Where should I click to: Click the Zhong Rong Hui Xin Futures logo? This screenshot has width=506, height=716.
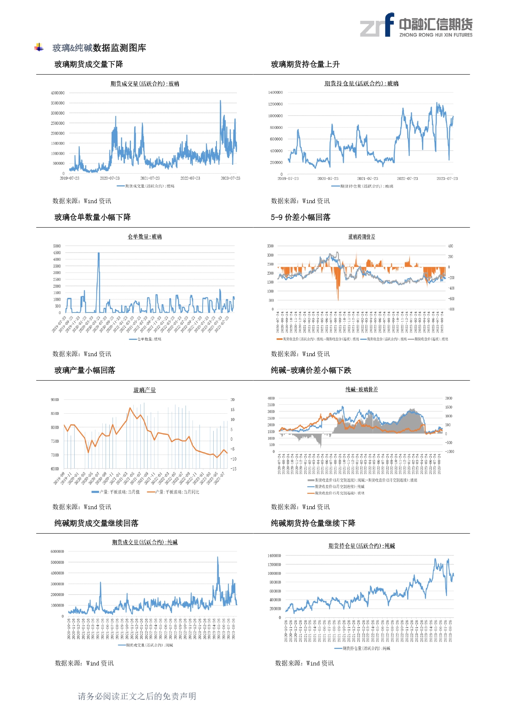(x=416, y=25)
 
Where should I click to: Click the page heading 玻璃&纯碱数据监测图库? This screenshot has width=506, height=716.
(x=99, y=48)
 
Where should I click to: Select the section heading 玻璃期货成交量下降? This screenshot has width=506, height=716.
(x=88, y=64)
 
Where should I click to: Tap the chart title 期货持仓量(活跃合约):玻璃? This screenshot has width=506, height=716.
(x=361, y=84)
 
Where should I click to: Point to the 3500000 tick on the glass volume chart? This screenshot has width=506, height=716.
(x=57, y=103)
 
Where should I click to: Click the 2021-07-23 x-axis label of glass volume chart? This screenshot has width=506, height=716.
(x=150, y=178)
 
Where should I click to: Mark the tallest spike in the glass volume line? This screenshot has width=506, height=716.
(x=221, y=101)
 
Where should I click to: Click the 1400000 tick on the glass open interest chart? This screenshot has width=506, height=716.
(x=275, y=93)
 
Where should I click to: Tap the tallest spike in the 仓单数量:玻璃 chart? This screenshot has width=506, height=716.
(x=99, y=253)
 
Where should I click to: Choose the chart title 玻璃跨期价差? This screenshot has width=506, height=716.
(x=362, y=237)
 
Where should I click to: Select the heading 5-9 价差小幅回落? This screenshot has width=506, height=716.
(x=301, y=217)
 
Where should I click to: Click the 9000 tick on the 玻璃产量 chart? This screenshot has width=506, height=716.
(x=55, y=400)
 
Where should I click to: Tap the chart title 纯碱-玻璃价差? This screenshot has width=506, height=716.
(x=362, y=390)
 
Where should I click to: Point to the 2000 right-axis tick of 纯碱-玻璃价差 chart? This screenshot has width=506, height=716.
(x=449, y=398)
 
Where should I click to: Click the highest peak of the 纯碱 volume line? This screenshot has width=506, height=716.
(x=218, y=557)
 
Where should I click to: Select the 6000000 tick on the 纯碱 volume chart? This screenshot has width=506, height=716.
(x=57, y=552)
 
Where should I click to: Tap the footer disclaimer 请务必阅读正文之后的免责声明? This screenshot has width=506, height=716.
(x=137, y=696)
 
